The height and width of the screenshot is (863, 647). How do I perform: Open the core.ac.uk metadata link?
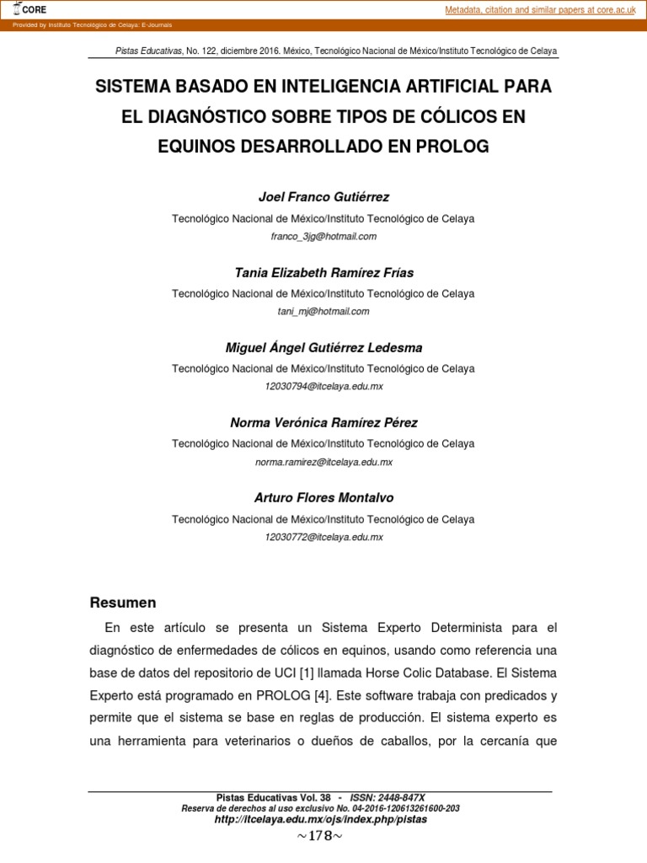pos(540,9)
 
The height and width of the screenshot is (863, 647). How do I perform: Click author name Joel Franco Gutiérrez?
pos(323,197)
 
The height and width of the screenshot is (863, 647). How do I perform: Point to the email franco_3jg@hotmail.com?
pos(323,237)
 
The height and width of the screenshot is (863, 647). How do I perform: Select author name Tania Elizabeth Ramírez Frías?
pos(323,272)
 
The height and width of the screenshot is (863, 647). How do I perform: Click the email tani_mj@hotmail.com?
pos(323,312)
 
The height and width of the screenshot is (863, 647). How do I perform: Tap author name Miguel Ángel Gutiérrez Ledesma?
pos(323,347)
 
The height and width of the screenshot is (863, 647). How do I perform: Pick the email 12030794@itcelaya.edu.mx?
pos(323,387)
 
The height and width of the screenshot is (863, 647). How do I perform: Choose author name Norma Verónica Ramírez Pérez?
pos(323,422)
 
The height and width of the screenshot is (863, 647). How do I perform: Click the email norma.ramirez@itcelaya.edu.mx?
pos(323,462)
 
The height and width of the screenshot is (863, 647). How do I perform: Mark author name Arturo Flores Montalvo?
pos(323,497)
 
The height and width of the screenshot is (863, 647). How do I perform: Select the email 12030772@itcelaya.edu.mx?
pos(323,537)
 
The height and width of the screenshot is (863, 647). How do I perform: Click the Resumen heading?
pos(123,603)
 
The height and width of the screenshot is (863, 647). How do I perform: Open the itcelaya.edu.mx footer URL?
pos(320,819)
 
